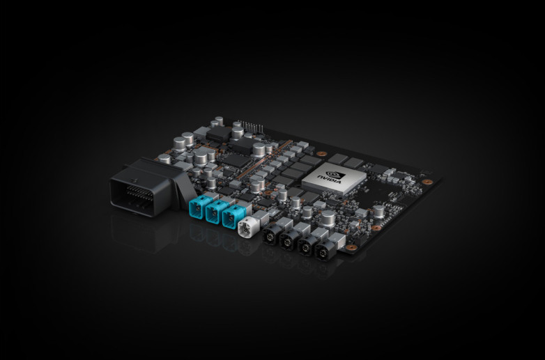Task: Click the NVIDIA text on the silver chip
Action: point(329,179)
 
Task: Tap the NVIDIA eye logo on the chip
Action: point(336,174)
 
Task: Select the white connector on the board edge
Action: point(246,227)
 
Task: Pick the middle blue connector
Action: point(216,211)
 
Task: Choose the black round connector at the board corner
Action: point(325,251)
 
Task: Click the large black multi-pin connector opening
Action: point(133,198)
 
